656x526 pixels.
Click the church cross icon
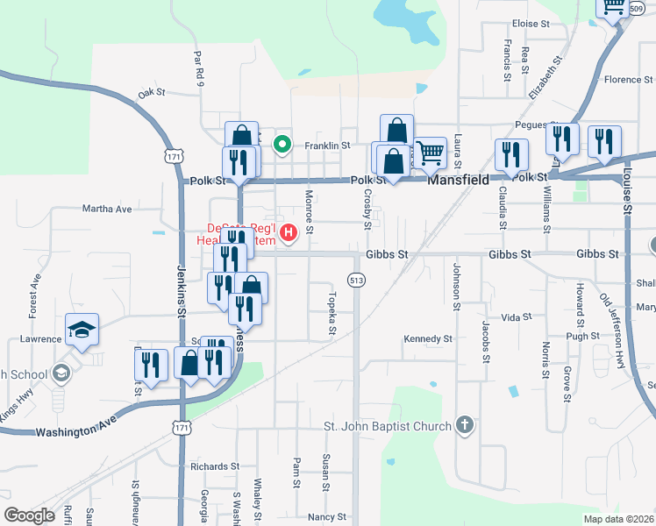coord(465,426)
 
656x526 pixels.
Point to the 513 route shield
coord(355,281)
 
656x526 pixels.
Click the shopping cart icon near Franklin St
coord(430,153)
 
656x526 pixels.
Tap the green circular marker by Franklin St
coord(282,145)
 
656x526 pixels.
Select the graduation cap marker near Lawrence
coord(82,330)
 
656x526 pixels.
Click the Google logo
coord(29,515)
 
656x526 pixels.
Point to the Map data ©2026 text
coord(618,519)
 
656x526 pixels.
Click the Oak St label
coord(152,93)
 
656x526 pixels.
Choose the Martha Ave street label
coord(106,209)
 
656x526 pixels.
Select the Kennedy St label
coord(427,338)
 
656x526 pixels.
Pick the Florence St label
coord(624,80)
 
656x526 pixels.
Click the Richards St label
coord(215,466)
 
